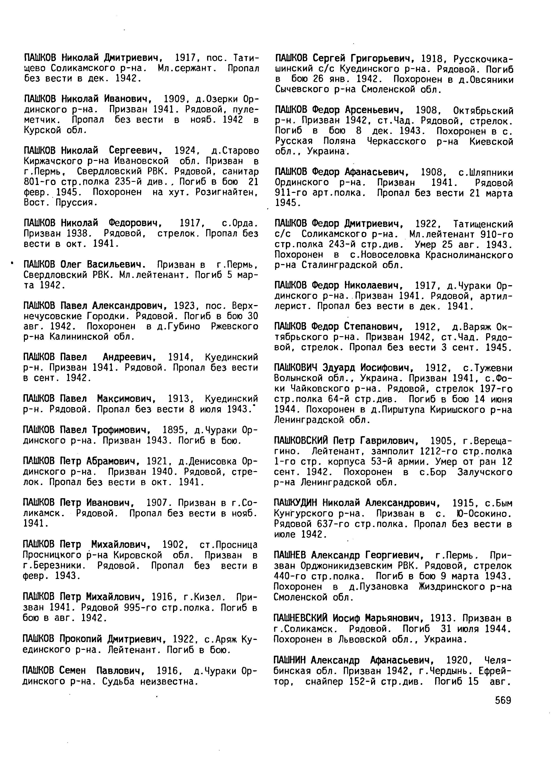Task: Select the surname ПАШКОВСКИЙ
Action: pos(301,441)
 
